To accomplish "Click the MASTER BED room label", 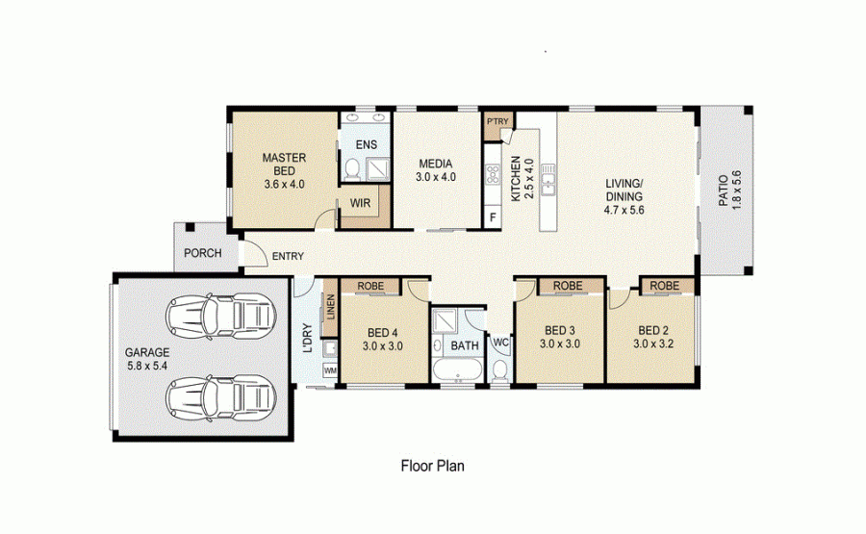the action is pos(284,164).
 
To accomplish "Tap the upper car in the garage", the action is pos(221,317).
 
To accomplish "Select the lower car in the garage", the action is pos(221,397).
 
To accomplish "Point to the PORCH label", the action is pos(203,253).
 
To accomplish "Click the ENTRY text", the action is pos(288,256).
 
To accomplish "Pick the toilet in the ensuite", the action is pos(351,167).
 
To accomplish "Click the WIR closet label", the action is pos(360,203).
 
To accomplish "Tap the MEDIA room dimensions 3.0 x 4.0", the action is pos(436,177).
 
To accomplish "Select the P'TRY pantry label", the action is pos(497,121).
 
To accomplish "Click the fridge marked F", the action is pos(493,216).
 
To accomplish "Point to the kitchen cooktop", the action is pos(492,173).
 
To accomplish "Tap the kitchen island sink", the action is pos(548,179).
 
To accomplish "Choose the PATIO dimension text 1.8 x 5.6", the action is pos(736,190).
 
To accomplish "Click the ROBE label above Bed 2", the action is pos(664,286).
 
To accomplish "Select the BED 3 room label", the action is pos(559,330).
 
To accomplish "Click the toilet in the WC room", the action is pos(500,369).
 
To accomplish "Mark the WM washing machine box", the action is pos(330,370).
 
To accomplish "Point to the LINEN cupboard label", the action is pos(330,307).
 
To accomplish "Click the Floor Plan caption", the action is pos(432,466).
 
